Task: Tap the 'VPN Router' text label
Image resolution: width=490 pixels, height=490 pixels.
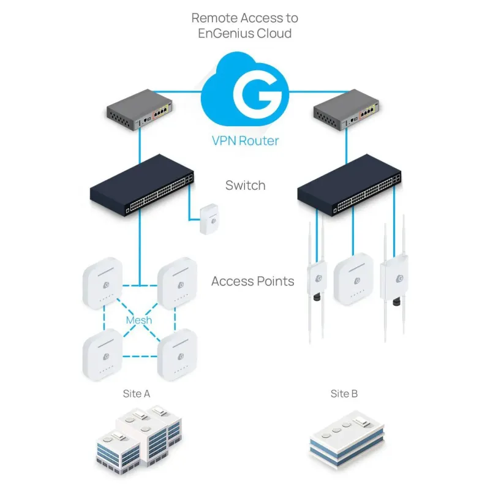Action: [x=245, y=141]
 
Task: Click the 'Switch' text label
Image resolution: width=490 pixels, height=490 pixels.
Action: [x=245, y=185]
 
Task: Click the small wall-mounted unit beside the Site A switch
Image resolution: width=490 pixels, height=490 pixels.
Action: [x=208, y=219]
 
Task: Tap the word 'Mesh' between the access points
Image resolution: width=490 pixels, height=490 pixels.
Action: [x=139, y=320]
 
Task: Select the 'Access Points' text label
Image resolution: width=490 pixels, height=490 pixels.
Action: [x=252, y=282]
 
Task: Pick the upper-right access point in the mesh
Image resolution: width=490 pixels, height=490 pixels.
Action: [x=178, y=284]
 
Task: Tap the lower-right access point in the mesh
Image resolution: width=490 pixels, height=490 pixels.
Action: [x=178, y=355]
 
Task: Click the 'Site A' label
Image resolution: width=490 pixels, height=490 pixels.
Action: [x=137, y=394]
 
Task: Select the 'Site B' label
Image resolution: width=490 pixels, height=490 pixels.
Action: [x=344, y=394]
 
